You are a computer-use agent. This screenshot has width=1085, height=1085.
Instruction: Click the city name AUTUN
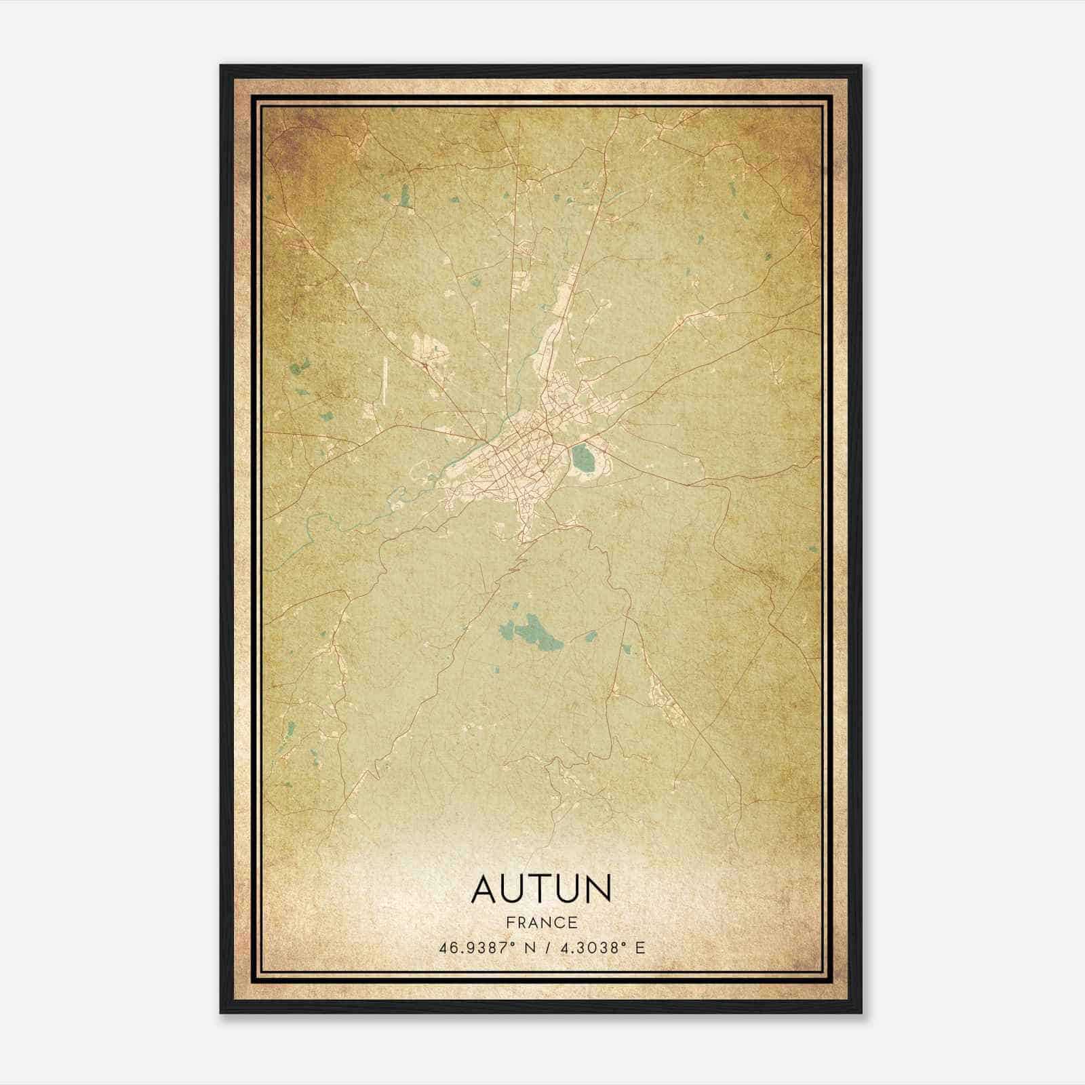tap(541, 889)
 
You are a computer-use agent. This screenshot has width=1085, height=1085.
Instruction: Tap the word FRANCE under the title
tap(541, 923)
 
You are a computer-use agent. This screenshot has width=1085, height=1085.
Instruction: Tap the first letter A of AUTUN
tap(486, 889)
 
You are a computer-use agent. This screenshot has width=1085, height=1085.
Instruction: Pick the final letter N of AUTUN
tap(597, 889)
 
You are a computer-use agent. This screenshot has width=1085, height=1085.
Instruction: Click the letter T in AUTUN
tap(541, 889)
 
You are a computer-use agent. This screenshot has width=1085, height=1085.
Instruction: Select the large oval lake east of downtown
tap(582, 459)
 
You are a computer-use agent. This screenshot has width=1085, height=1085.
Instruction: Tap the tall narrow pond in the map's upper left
tap(406, 197)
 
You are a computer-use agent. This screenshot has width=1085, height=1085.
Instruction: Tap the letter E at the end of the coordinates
tap(640, 947)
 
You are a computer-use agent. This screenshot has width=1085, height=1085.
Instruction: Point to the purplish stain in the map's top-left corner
tap(285, 136)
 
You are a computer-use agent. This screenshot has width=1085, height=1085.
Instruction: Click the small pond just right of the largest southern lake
tap(590, 637)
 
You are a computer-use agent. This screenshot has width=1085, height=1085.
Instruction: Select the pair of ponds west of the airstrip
tap(297, 370)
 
